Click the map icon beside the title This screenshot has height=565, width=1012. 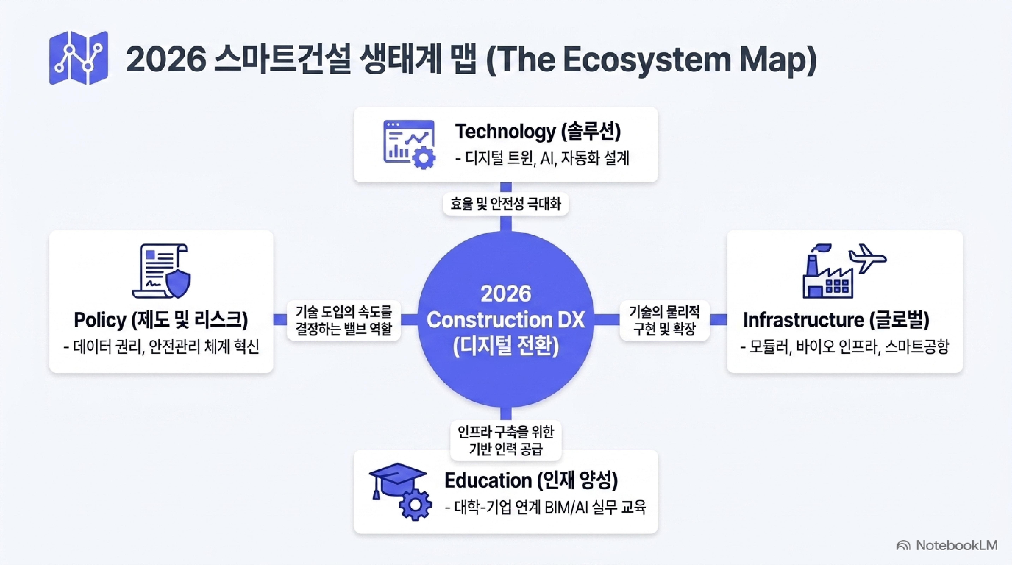point(79,58)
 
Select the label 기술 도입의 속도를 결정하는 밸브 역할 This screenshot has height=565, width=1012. point(344,320)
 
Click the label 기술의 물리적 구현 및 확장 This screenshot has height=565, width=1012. point(664,320)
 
